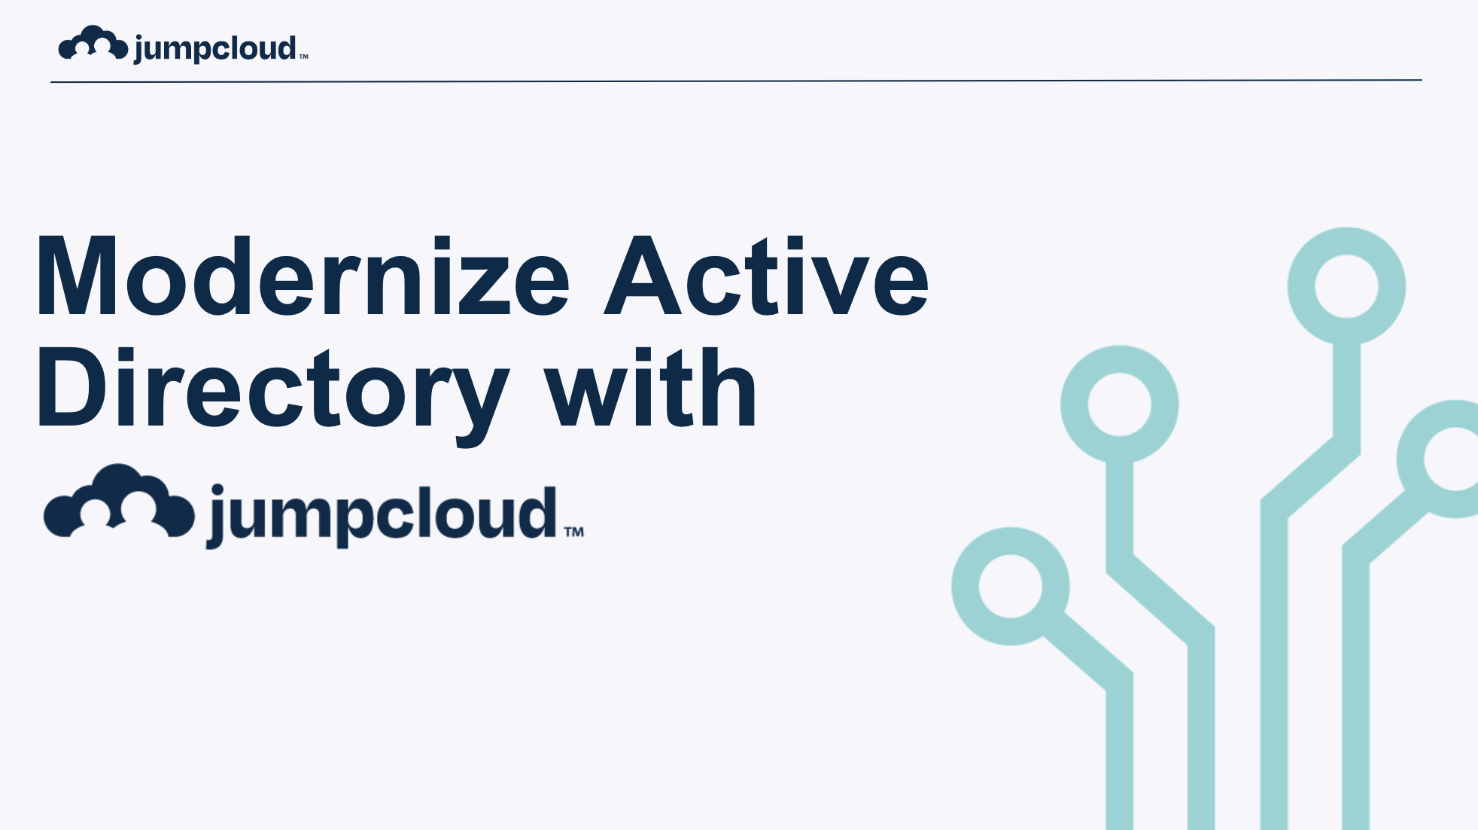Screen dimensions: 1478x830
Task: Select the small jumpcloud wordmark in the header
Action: [x=215, y=49]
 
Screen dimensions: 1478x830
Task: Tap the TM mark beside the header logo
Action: [x=303, y=56]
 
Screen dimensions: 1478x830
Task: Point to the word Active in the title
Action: [x=766, y=276]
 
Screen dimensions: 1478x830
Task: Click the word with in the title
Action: [x=651, y=387]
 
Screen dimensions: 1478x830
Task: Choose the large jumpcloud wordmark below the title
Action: [x=382, y=516]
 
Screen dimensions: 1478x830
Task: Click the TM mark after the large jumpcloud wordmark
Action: [x=574, y=532]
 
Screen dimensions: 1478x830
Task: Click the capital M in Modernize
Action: [x=76, y=276]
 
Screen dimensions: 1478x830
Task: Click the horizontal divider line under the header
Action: [x=736, y=81]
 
